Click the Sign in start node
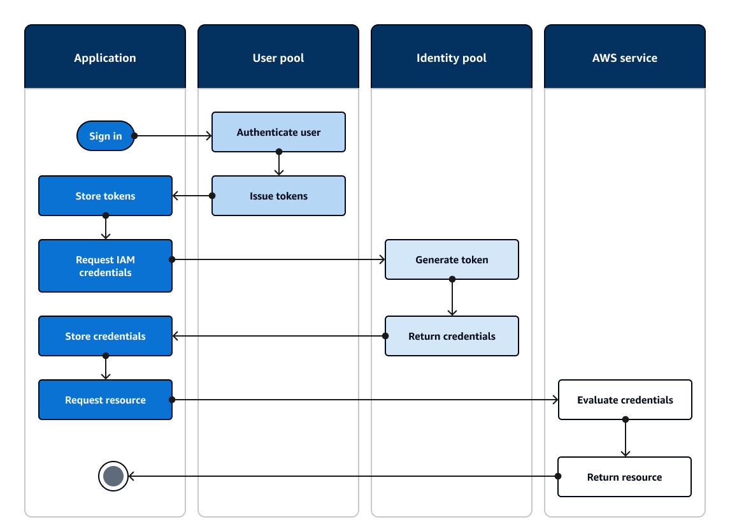[x=105, y=136]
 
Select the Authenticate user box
[x=278, y=132]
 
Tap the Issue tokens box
[x=278, y=196]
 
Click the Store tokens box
[x=105, y=196]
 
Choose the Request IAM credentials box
[x=105, y=266]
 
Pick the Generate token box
[x=452, y=259]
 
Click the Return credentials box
[x=452, y=336]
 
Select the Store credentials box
[x=105, y=336]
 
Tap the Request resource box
[x=105, y=400]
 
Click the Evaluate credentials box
[x=625, y=400]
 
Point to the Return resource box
[x=624, y=477]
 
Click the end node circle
[x=113, y=476]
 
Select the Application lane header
[x=105, y=57]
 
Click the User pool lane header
[x=278, y=57]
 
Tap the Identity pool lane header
[x=452, y=57]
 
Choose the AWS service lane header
[x=625, y=57]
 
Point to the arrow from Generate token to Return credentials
[x=452, y=298]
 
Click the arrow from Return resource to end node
[x=344, y=476]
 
